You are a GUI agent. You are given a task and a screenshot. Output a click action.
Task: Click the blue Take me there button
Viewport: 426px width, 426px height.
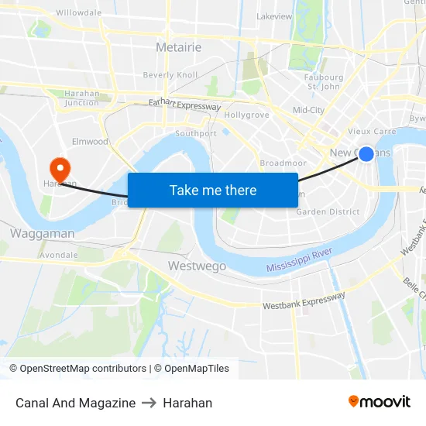tap(212, 190)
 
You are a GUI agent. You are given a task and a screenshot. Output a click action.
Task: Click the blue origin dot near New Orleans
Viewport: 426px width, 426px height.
tap(366, 154)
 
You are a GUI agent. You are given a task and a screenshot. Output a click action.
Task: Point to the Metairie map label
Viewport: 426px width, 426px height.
tap(178, 47)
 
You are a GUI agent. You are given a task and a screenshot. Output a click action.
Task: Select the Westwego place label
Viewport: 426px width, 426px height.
tap(197, 266)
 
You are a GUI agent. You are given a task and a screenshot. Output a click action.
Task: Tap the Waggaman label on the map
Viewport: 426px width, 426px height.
tap(43, 233)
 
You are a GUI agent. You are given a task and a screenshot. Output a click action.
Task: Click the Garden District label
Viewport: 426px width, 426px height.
tap(328, 211)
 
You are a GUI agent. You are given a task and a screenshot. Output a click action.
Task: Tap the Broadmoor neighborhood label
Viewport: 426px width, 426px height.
tap(283, 163)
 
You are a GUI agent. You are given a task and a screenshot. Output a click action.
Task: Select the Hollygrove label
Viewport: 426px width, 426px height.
tap(246, 115)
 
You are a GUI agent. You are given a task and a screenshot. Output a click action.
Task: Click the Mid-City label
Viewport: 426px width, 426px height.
tap(308, 110)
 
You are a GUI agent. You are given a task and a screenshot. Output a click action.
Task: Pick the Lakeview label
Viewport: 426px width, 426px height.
tap(274, 16)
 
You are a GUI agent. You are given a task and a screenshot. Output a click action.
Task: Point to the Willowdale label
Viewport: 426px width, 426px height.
tap(78, 13)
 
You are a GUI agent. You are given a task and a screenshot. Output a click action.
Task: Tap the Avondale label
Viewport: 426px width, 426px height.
tap(59, 254)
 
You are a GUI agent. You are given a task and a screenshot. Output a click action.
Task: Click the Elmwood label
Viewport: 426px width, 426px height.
tap(90, 142)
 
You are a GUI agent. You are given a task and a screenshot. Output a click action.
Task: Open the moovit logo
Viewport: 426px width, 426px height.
tap(379, 402)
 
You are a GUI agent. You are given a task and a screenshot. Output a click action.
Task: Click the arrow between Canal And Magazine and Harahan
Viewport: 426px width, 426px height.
tap(149, 403)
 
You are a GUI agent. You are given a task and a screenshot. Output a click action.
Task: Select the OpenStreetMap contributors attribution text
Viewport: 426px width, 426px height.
tap(83, 369)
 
